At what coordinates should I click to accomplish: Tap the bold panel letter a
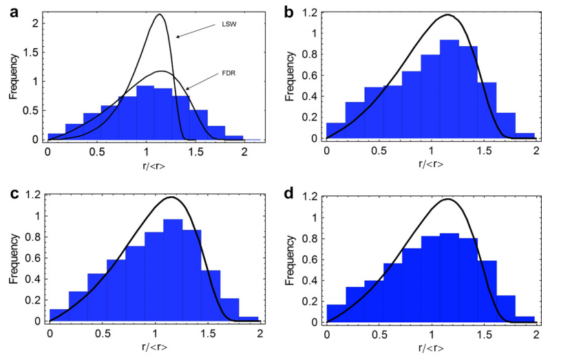[13, 10]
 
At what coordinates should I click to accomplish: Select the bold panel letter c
[13, 194]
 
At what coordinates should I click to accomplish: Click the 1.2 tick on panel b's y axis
[313, 12]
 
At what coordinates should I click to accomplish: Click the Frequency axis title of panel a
[13, 76]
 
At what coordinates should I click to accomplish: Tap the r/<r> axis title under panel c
[153, 347]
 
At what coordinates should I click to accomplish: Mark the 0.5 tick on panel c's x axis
[103, 334]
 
